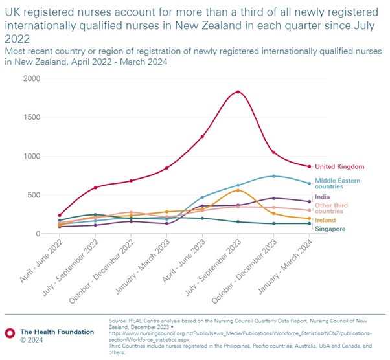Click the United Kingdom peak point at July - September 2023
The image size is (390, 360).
[x=238, y=92]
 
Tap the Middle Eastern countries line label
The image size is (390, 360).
[x=337, y=184]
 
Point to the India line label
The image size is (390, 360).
[x=322, y=197]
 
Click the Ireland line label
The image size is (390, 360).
[x=325, y=220]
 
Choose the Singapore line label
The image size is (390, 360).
[x=330, y=229]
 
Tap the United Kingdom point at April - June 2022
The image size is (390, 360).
[x=60, y=215]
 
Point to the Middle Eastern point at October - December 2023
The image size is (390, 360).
[x=274, y=176]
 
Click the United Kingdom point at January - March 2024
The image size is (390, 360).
[x=310, y=166]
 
